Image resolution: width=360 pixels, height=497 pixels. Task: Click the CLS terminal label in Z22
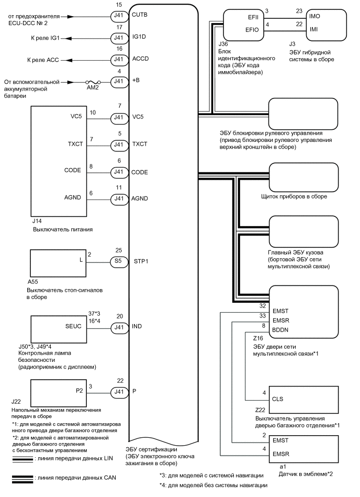coord(278,398)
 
